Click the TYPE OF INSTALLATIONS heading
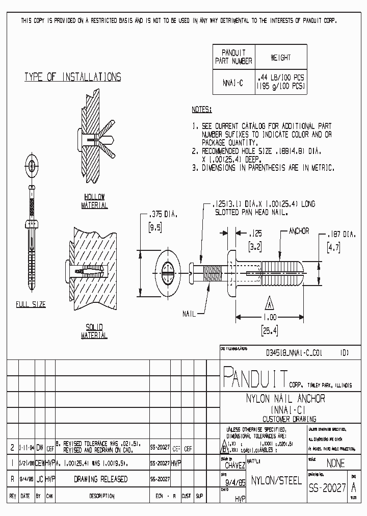click(x=73, y=78)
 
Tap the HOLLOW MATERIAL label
click(x=94, y=201)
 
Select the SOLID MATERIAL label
click(x=94, y=331)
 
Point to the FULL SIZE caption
click(x=31, y=304)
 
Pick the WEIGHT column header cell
click(x=281, y=58)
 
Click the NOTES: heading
click(x=201, y=110)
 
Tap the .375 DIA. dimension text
click(x=162, y=215)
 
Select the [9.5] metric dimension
click(x=154, y=228)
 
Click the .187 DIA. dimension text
click(x=342, y=235)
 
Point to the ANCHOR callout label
click(x=299, y=231)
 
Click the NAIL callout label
click(x=189, y=314)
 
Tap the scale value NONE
click(x=334, y=463)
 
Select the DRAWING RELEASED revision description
click(x=100, y=480)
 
